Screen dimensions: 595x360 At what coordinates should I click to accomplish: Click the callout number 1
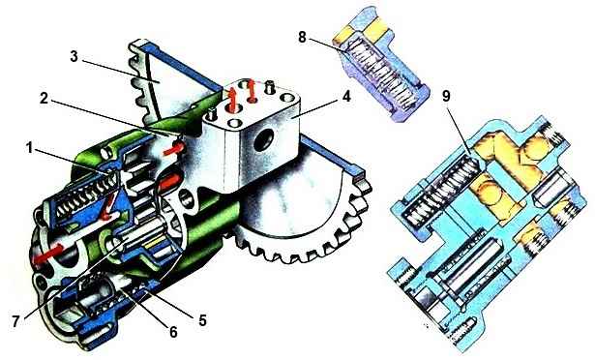click(x=29, y=148)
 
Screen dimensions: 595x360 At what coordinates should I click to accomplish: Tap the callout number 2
click(x=45, y=99)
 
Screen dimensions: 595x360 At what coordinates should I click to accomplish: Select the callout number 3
click(x=74, y=57)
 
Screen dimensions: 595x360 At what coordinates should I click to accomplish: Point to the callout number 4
click(x=345, y=97)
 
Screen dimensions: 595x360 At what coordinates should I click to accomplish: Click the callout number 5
click(x=202, y=320)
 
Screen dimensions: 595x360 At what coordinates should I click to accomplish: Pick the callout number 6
click(x=173, y=332)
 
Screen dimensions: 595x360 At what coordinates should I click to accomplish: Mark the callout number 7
click(x=15, y=321)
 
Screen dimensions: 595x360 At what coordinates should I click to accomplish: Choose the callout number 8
click(x=302, y=38)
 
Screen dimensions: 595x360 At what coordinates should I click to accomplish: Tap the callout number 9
click(x=446, y=96)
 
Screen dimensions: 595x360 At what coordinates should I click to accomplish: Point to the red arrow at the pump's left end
click(x=47, y=254)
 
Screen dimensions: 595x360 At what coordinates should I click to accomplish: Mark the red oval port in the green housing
click(x=169, y=182)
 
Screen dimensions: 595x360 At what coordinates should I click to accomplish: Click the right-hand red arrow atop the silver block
click(x=251, y=90)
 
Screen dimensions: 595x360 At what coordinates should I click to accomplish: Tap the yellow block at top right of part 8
click(x=374, y=29)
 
